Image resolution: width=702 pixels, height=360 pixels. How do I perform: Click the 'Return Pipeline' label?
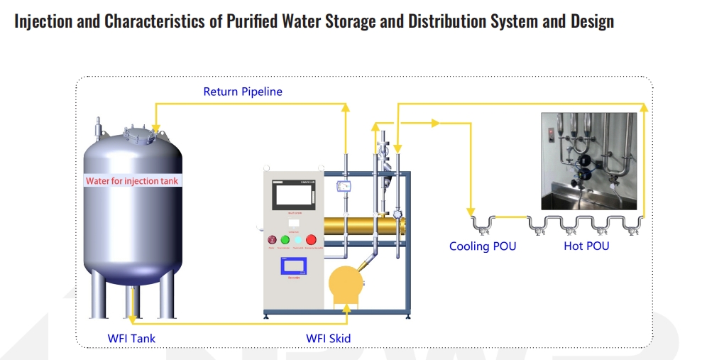pos(243,92)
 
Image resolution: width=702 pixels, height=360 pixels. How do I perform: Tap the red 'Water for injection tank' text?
pos(132,181)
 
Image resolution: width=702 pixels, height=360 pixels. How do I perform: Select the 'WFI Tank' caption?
pos(131,338)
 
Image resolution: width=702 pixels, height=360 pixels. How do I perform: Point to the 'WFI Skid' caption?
pos(328,338)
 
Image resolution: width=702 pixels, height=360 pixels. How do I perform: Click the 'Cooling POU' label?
pos(483,246)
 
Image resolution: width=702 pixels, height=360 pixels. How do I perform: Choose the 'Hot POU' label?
pos(586,246)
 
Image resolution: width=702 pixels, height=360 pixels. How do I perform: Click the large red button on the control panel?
pos(311,240)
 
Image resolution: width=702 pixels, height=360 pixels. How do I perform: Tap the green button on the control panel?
pos(285,240)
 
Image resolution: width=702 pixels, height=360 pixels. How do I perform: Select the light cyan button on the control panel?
pos(298,240)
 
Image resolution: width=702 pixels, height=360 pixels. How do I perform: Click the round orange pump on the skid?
pos(346,283)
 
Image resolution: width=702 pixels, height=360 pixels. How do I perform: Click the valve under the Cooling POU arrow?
pos(483,226)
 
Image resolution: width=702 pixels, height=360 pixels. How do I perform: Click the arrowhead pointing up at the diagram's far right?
pos(644,107)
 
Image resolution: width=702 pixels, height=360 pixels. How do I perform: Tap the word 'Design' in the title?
pos(592,21)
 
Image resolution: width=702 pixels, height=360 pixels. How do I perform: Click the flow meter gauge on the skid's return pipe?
pos(345,187)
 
